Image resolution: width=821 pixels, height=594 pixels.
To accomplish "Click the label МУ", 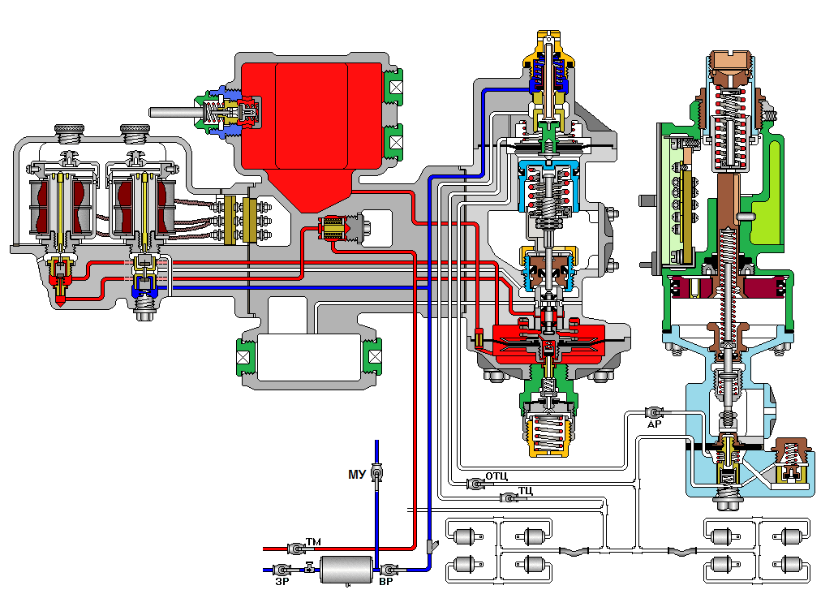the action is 357,475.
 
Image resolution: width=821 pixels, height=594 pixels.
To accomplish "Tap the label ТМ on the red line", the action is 313,541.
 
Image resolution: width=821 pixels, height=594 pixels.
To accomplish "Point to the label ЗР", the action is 282,581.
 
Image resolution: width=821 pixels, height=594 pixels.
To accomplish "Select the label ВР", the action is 386,581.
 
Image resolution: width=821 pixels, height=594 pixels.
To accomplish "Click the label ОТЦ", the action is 496,476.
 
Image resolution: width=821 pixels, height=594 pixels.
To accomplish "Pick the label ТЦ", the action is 526,490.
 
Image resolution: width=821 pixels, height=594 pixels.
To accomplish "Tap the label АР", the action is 655,424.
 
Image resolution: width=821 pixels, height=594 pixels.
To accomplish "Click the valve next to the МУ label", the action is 376,473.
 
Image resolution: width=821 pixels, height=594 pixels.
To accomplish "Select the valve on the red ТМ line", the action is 296,549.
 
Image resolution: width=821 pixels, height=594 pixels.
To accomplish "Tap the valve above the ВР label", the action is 389,570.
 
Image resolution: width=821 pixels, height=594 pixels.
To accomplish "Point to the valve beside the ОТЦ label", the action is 475,484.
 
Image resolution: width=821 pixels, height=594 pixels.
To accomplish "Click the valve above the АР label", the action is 655,412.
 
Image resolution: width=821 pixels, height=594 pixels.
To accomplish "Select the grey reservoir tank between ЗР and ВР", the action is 346,570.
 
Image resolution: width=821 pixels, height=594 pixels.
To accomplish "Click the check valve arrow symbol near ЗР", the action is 309,567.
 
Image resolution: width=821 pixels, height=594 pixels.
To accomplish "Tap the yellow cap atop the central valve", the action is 548,49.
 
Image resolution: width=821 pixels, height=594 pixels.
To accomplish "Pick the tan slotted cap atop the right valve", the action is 731,60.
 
